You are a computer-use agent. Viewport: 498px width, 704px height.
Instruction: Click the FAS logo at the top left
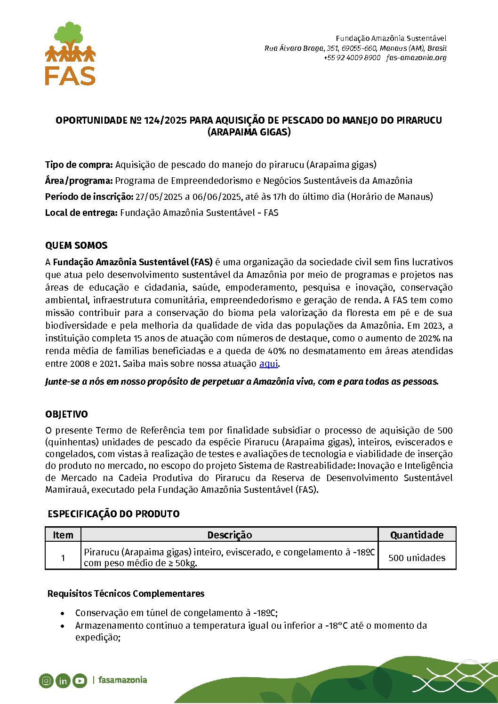coord(70,54)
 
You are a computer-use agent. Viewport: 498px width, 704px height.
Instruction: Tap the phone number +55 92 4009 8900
coord(352,58)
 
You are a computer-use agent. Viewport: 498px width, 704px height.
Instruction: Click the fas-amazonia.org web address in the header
coord(416,58)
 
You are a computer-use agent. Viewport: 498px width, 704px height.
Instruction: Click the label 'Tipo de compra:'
coord(79,165)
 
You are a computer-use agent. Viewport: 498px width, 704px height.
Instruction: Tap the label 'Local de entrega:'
coord(81,213)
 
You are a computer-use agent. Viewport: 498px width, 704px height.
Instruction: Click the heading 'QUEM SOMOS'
coord(76,245)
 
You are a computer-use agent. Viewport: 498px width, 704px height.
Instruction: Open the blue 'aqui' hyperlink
coord(268,364)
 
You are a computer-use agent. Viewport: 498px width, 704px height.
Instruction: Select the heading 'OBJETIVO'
coord(66,414)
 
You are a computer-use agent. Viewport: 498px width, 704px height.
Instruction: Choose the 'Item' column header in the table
coord(63,535)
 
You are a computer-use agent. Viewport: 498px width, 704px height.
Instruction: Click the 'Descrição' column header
coord(229,535)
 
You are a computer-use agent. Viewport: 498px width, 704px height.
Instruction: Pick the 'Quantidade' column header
coord(417,535)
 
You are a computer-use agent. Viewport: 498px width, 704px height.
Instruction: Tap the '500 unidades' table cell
coord(417,558)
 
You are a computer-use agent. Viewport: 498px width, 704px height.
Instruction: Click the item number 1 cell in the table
coord(63,558)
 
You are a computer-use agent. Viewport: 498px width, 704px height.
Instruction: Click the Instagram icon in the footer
coord(46,680)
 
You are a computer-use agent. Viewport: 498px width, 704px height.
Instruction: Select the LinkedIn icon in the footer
coord(63,680)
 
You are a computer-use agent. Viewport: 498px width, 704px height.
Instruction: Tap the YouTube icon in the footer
coord(80,680)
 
